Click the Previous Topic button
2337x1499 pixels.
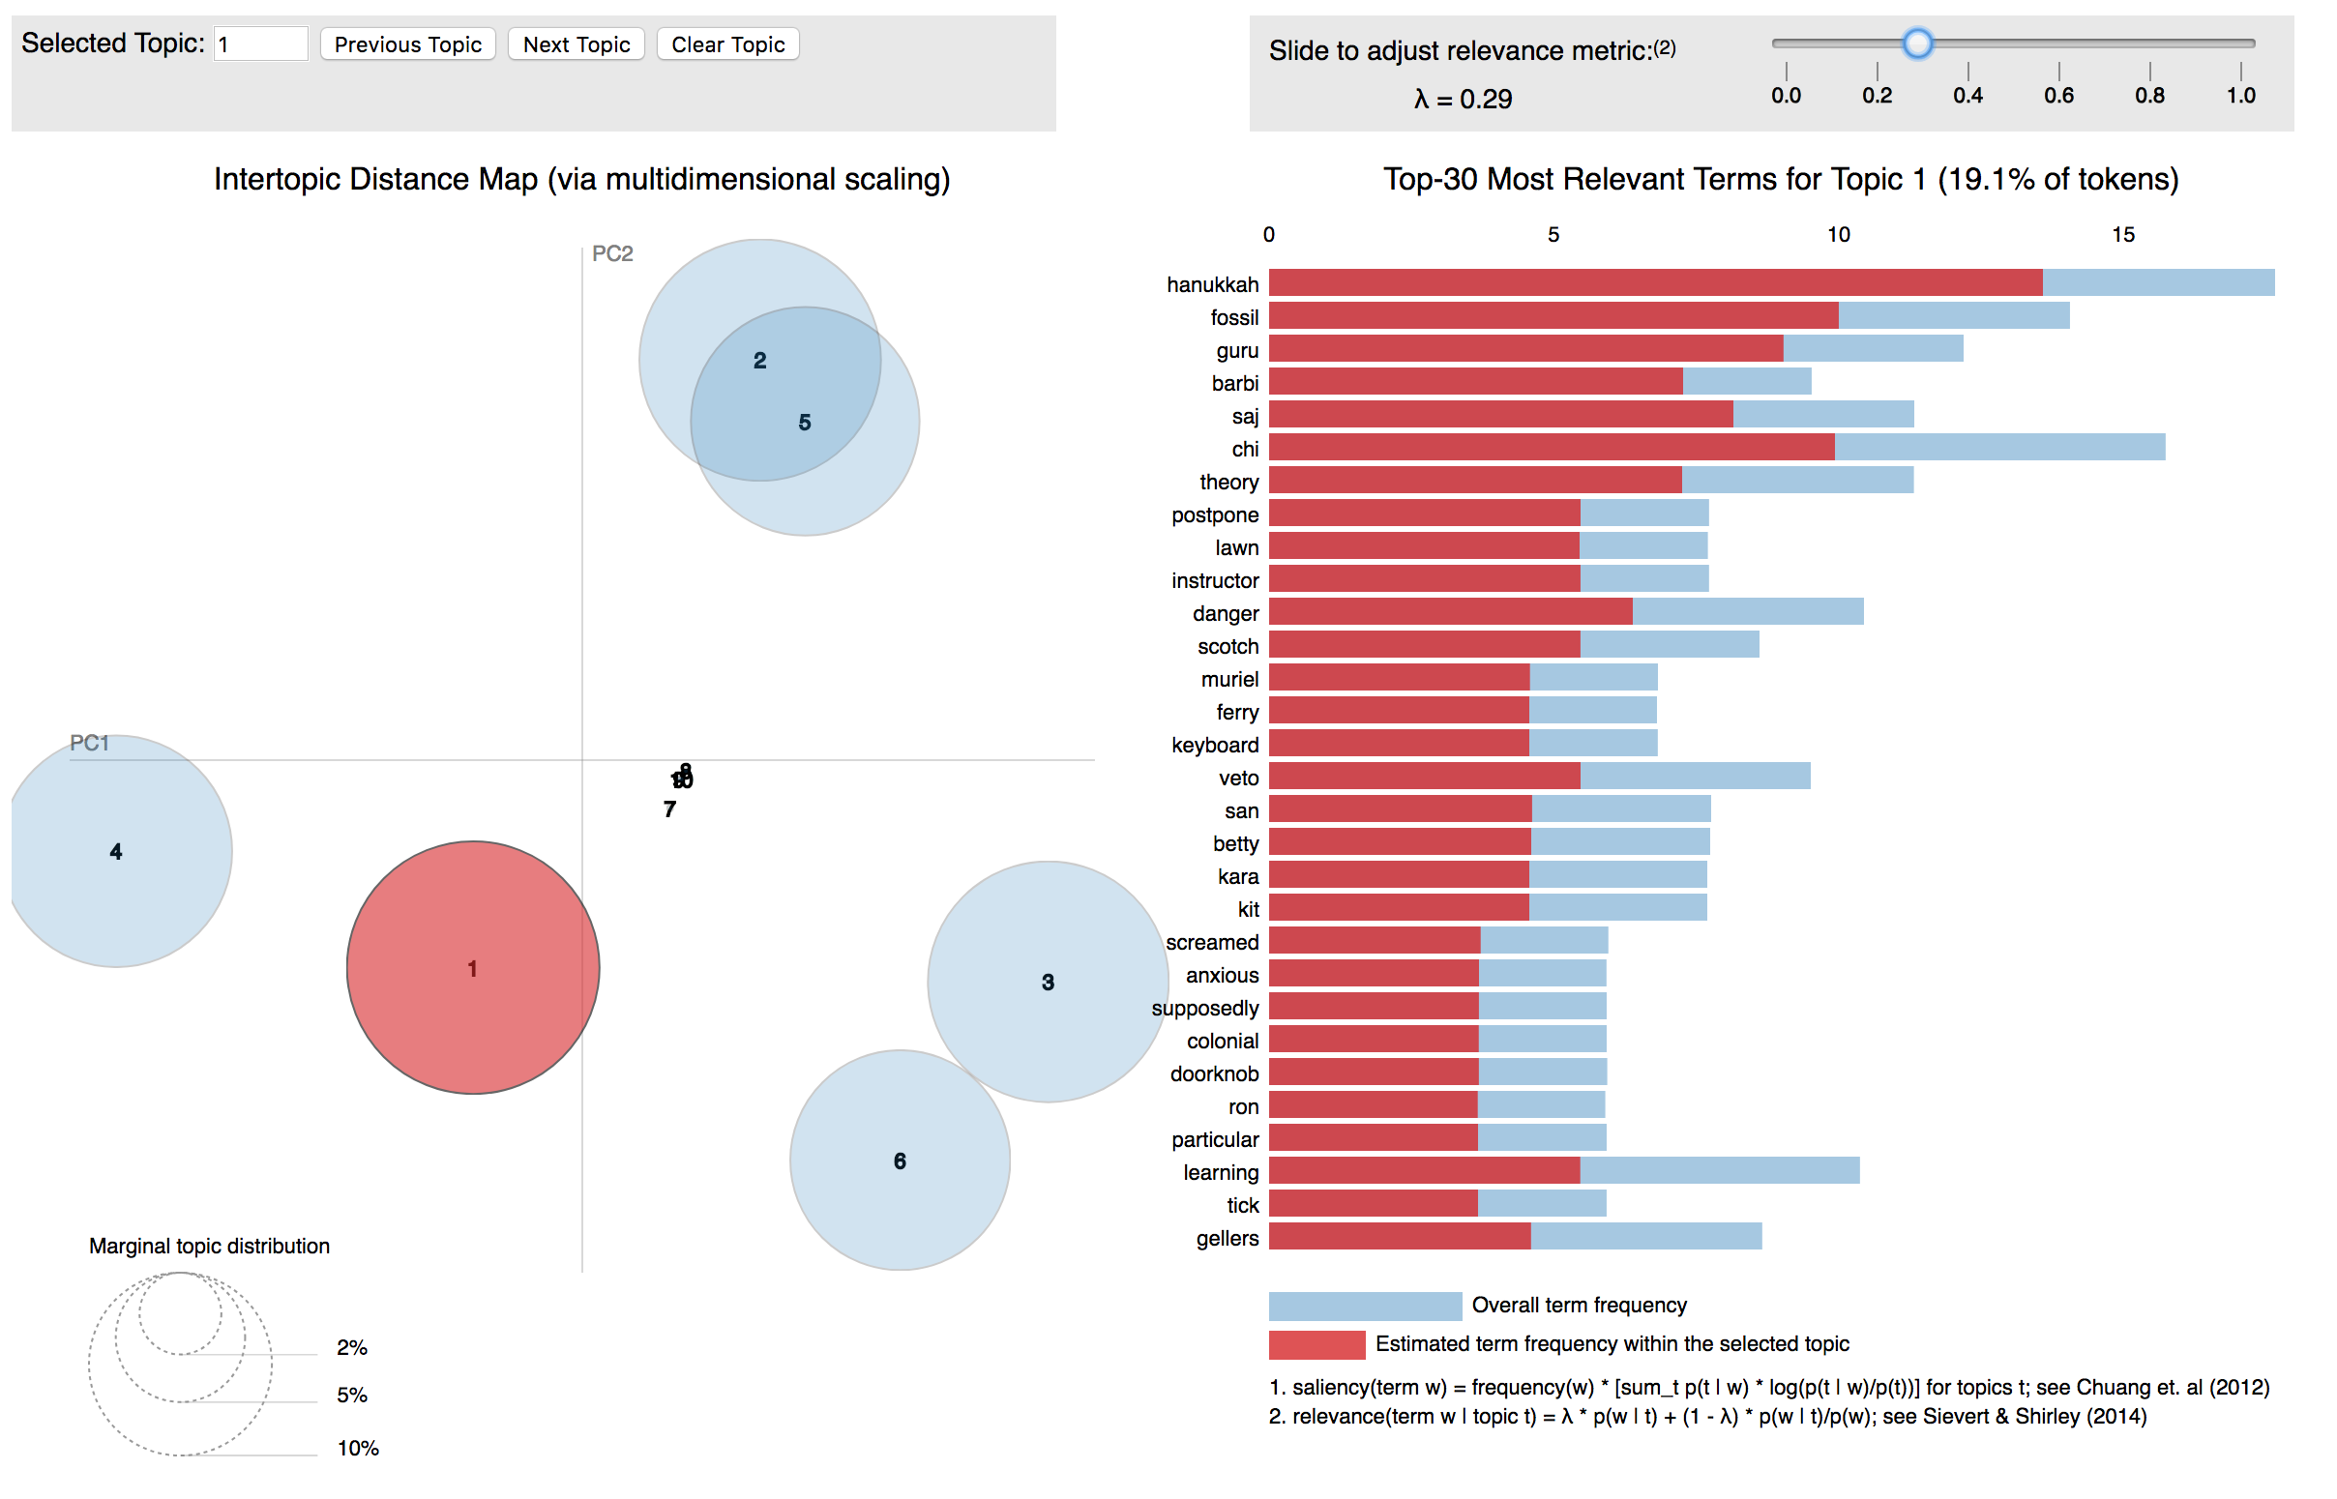coord(408,44)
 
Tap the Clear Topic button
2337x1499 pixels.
coord(727,44)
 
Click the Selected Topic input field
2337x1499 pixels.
coord(260,44)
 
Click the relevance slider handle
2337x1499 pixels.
coord(1916,43)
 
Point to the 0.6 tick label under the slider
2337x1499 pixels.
coord(2057,96)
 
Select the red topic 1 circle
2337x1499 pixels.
coord(473,967)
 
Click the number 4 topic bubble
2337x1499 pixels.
coord(116,852)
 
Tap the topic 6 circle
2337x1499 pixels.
coord(900,1161)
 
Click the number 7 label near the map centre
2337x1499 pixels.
coord(669,808)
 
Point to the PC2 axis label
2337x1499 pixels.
coord(612,254)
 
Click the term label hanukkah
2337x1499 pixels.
coord(1212,285)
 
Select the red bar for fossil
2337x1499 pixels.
coord(1553,316)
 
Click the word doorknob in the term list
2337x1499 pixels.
coord(1214,1073)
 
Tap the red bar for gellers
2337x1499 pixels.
coord(1399,1237)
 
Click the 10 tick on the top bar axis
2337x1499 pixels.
coord(1838,235)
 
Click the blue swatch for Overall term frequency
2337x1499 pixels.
coord(1365,1306)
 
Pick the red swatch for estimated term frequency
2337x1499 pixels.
coord(1316,1344)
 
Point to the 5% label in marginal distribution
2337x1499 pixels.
coord(352,1395)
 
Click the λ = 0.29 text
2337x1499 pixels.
coord(1463,100)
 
